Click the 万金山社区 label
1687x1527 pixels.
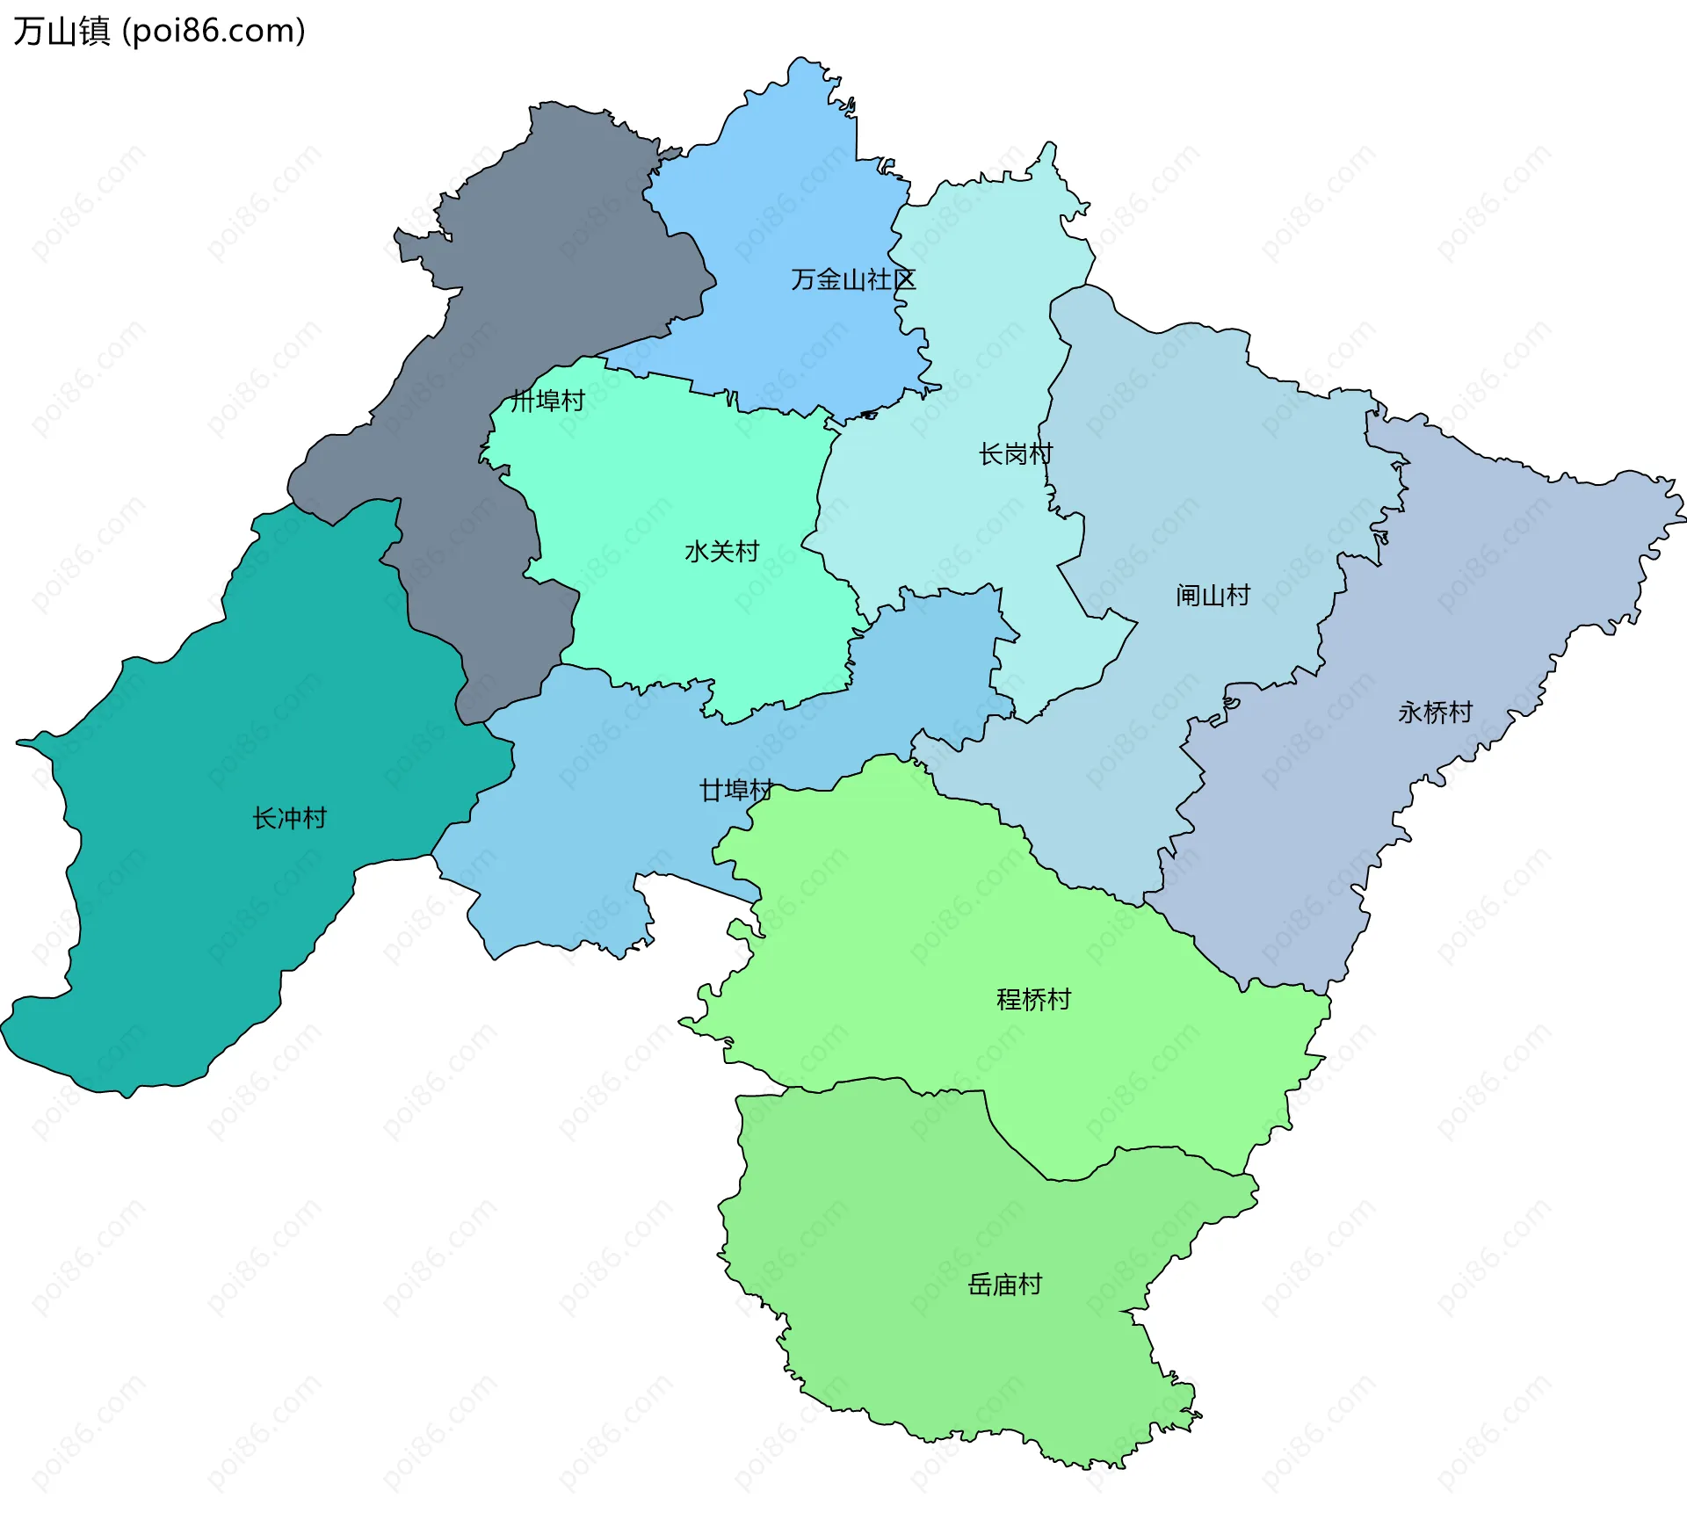tap(852, 279)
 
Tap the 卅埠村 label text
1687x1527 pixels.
tap(548, 401)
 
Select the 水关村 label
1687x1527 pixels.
tap(721, 552)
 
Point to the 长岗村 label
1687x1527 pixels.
tap(1016, 454)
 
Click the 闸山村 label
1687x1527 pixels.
tap(1213, 596)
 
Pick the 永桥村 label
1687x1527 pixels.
tap(1435, 712)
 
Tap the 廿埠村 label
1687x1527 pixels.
tap(736, 791)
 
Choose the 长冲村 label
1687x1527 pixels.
tap(289, 818)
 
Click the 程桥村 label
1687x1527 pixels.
tap(1033, 999)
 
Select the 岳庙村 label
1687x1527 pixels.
tap(1004, 1285)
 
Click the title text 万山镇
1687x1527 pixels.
tap(62, 31)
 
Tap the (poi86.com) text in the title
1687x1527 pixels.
tap(214, 31)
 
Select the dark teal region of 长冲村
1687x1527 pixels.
tap(220, 923)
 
